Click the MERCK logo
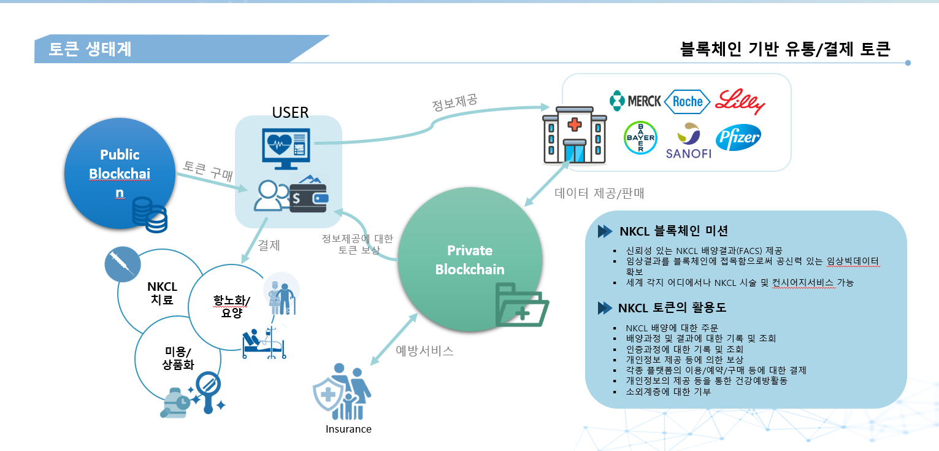[635, 101]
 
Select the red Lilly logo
[740, 101]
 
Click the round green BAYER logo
[640, 137]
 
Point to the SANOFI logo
[688, 142]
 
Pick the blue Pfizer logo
[738, 137]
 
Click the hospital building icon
[574, 134]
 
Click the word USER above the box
[290, 112]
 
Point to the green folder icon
[521, 304]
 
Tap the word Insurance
[348, 429]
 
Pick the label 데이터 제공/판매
[599, 194]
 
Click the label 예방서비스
[424, 351]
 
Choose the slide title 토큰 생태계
[90, 49]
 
